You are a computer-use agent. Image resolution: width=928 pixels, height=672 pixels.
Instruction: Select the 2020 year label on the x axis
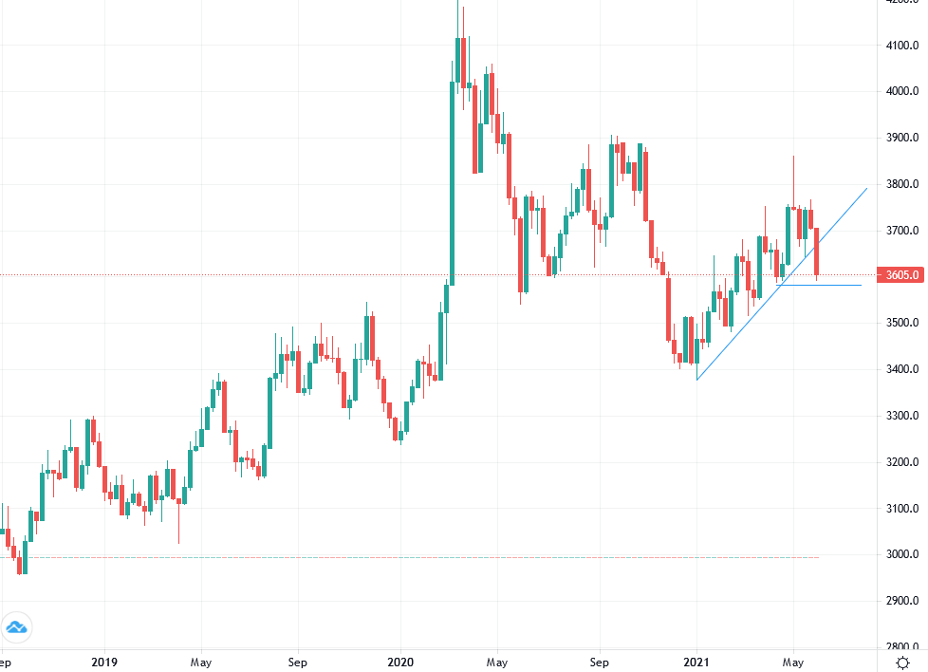(399, 661)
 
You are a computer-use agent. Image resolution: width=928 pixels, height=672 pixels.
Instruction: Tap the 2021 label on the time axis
(696, 661)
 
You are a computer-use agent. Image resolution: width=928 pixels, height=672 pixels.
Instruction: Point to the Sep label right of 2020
(598, 661)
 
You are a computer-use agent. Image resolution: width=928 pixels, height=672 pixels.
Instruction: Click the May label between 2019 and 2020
(200, 661)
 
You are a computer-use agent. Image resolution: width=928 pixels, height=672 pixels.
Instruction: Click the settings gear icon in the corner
(902, 661)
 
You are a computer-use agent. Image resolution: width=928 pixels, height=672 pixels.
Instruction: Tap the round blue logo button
(16, 627)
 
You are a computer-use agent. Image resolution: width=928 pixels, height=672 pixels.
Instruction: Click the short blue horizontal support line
(826, 285)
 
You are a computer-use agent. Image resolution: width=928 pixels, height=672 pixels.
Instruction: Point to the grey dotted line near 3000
(474, 557)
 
